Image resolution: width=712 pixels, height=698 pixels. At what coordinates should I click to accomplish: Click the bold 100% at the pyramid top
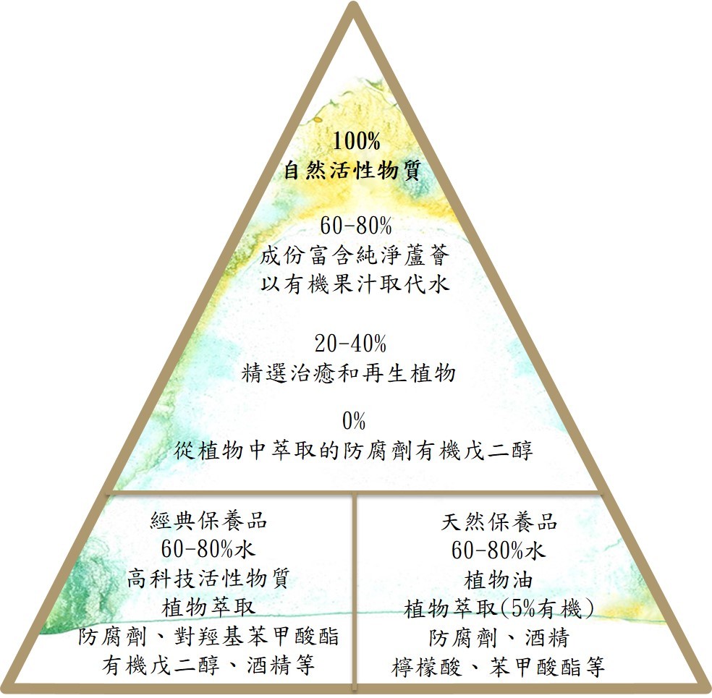point(352,140)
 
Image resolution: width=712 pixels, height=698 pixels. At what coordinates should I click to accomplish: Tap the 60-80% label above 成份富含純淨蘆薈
point(355,225)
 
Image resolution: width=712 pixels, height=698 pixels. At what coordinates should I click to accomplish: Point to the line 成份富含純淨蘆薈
point(355,255)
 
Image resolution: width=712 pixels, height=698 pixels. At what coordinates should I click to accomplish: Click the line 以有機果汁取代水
point(355,283)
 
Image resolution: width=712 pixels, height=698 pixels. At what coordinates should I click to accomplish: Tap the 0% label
point(355,420)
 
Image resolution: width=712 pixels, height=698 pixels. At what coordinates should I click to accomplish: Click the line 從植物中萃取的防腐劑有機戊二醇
point(355,451)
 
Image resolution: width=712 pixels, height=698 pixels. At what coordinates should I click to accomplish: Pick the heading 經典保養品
point(208,519)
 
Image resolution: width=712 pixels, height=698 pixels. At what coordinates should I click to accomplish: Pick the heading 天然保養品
point(499,521)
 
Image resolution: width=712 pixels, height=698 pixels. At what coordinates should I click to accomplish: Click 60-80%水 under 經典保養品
point(208,549)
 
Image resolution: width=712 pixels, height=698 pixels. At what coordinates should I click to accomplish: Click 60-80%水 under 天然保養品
point(499,550)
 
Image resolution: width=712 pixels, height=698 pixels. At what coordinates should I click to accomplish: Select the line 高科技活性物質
point(208,579)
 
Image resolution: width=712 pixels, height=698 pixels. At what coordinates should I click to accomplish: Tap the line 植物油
point(499,580)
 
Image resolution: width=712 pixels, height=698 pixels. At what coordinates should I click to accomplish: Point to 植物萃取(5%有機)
point(499,609)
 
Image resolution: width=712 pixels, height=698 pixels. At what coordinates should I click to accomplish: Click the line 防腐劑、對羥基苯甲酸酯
point(208,637)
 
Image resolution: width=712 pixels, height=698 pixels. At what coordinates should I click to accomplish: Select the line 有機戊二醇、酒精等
point(208,665)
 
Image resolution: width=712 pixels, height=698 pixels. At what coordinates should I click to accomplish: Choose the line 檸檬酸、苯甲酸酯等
point(499,667)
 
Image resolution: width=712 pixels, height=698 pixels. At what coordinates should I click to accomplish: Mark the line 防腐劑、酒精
point(499,638)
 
